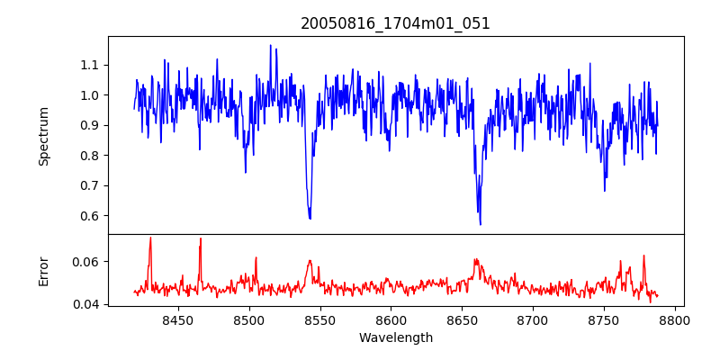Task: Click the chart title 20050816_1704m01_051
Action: [395, 23]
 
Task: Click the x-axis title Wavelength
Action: [395, 337]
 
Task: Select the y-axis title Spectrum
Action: [44, 136]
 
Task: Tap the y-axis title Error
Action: [44, 270]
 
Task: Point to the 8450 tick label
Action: [178, 319]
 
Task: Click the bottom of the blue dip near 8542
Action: [310, 219]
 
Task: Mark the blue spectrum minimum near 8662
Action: [480, 224]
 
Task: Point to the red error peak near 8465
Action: [201, 238]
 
